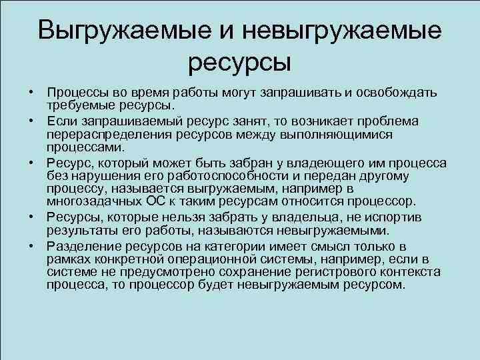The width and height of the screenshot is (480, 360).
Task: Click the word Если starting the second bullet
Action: pyautogui.click(x=61, y=121)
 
